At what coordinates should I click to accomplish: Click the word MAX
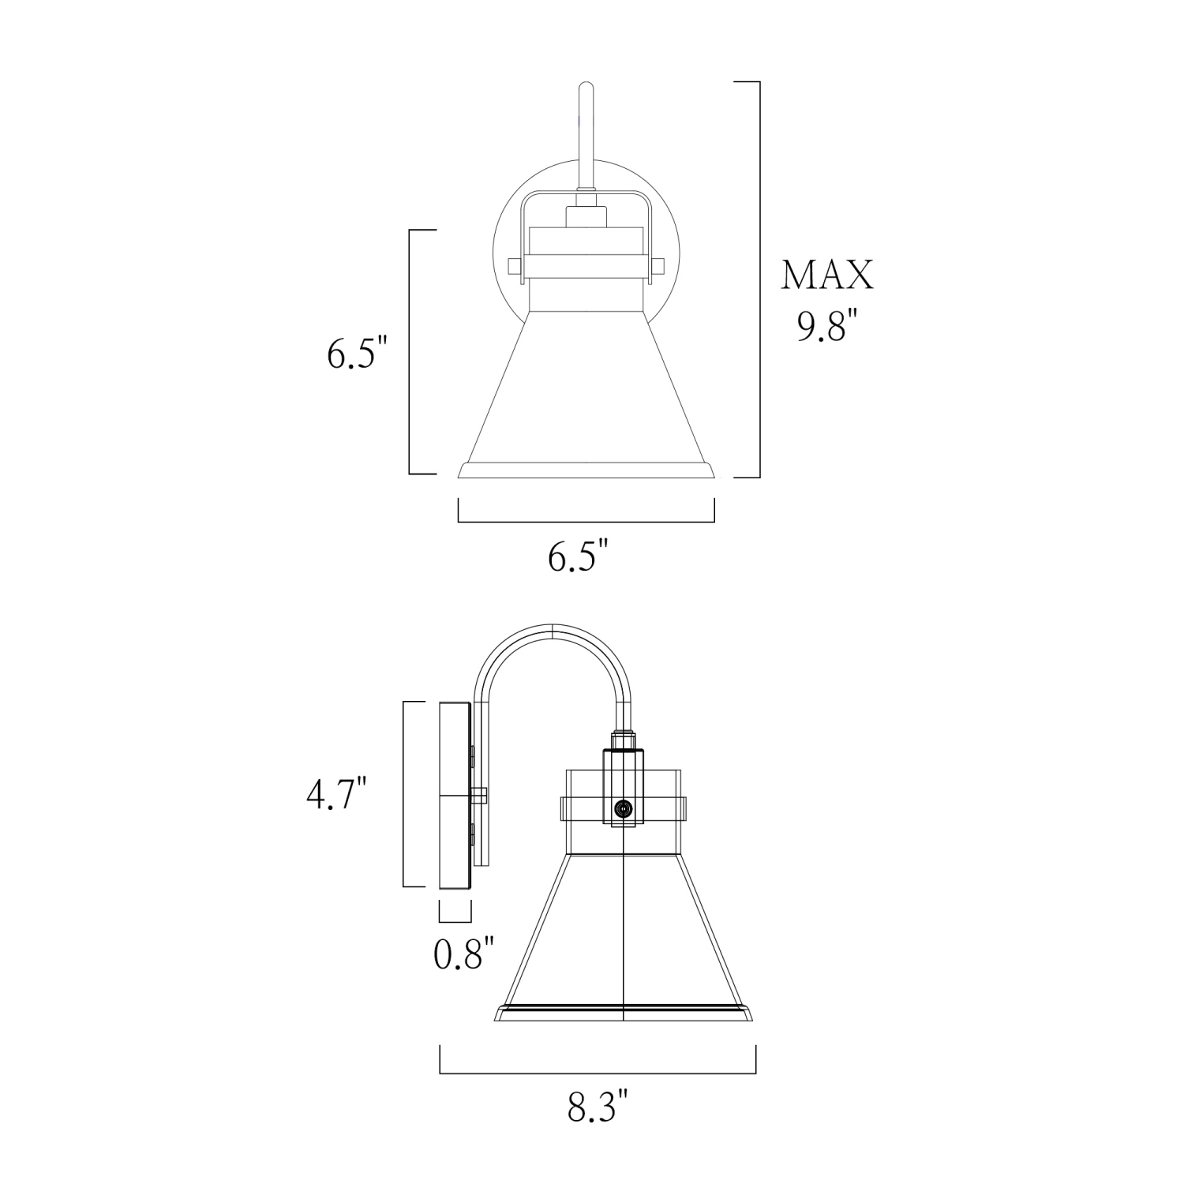[x=826, y=275]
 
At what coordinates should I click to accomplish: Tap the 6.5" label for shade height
[x=358, y=353]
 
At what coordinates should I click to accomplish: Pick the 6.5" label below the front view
[x=579, y=557]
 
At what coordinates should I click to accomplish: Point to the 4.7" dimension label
[x=337, y=794]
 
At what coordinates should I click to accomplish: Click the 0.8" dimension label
[x=463, y=954]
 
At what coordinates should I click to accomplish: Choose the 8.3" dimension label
[x=598, y=1106]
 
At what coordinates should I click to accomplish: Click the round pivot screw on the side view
[x=624, y=809]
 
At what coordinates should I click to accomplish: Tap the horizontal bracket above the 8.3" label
[x=598, y=1073]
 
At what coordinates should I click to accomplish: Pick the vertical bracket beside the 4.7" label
[x=405, y=794]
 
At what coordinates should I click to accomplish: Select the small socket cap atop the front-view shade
[x=586, y=216]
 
